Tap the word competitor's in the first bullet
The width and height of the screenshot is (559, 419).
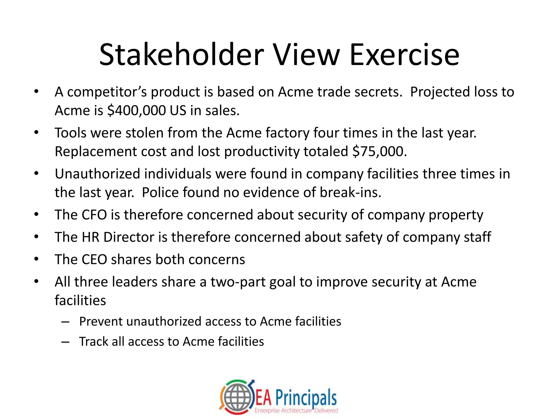(107, 92)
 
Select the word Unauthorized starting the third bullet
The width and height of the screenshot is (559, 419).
(97, 174)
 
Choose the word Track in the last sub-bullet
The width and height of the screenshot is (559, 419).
(93, 342)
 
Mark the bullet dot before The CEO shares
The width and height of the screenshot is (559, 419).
(36, 259)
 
